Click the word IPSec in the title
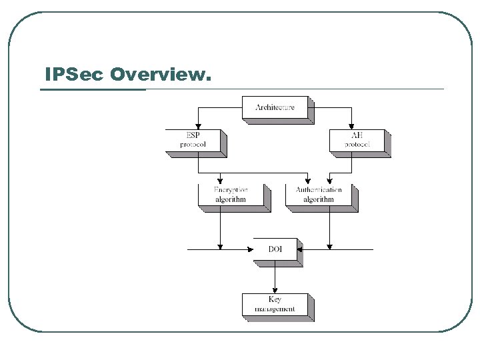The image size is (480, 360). [74, 75]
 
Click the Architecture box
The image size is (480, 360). [274, 108]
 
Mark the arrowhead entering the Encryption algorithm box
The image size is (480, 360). [219, 181]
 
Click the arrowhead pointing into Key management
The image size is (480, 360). [275, 290]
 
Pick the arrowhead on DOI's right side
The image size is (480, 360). [300, 249]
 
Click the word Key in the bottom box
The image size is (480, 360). [275, 299]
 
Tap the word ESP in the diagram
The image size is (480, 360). [193, 136]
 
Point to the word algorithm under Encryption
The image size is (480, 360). [231, 199]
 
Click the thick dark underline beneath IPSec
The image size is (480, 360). [93, 89]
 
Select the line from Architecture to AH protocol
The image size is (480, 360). [333, 106]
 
